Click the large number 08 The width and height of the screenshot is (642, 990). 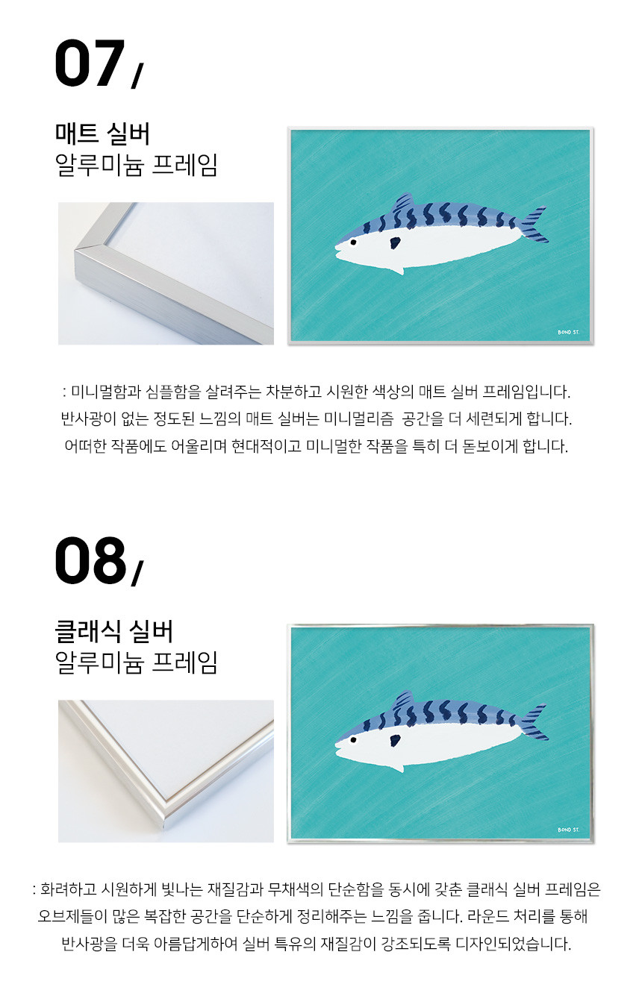coord(90,560)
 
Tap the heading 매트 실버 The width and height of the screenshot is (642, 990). coord(102,134)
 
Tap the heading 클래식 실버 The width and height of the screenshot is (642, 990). coord(113,631)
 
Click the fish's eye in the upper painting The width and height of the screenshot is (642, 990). coord(353,242)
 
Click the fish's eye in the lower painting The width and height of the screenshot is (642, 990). coord(353,740)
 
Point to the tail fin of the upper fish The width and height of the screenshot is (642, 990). coord(534,225)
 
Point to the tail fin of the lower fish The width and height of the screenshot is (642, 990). coord(534,722)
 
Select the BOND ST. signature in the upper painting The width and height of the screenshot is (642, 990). coord(568,332)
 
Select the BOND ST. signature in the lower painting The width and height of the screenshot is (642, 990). coord(568,830)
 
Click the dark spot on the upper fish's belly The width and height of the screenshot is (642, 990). coord(395,242)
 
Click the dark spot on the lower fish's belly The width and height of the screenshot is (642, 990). coord(395,740)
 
